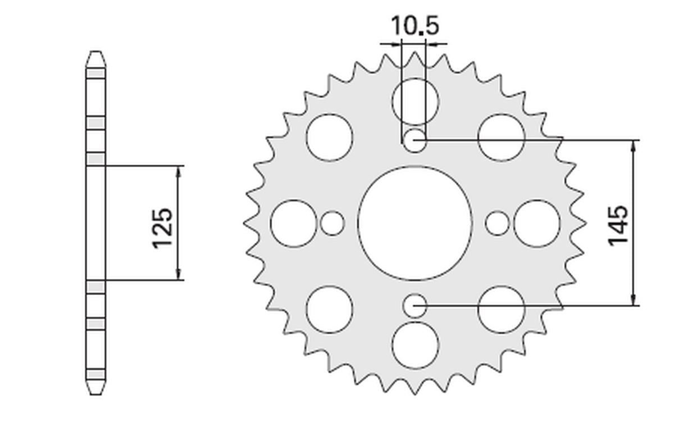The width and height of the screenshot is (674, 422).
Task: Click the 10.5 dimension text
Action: click(414, 26)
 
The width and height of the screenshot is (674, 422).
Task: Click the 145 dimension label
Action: click(618, 224)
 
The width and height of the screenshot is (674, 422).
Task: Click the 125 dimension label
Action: click(162, 228)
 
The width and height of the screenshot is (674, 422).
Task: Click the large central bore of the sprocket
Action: click(415, 223)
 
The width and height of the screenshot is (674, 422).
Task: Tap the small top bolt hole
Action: click(415, 140)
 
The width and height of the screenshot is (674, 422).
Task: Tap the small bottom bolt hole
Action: click(415, 306)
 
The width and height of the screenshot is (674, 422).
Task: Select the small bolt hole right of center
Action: click(497, 223)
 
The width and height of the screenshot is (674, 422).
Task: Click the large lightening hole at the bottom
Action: click(415, 345)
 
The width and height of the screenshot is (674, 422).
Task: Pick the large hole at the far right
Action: click(537, 223)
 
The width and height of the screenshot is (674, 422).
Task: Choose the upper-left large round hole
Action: click(330, 137)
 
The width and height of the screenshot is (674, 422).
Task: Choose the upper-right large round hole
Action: click(501, 137)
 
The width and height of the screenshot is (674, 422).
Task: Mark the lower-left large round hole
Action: click(330, 309)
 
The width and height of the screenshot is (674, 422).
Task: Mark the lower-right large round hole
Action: click(501, 309)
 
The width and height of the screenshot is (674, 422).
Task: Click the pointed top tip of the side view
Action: click(95, 52)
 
